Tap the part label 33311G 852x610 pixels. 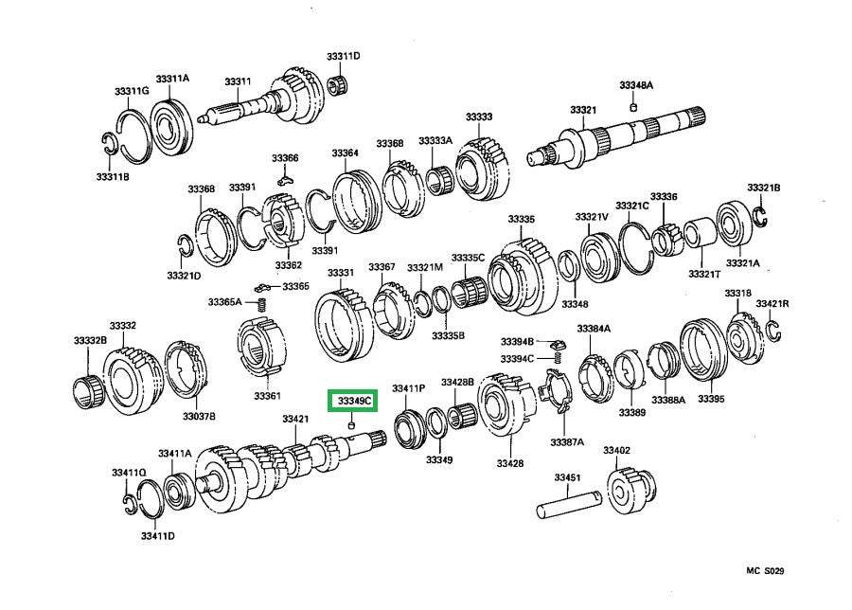point(132,90)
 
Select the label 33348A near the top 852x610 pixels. point(636,85)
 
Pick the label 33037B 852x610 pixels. point(199,416)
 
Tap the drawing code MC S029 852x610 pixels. point(765,571)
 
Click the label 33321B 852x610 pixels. point(763,188)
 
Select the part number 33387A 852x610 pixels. point(568,441)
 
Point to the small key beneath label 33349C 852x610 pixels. point(351,426)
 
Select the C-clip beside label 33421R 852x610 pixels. point(772,329)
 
